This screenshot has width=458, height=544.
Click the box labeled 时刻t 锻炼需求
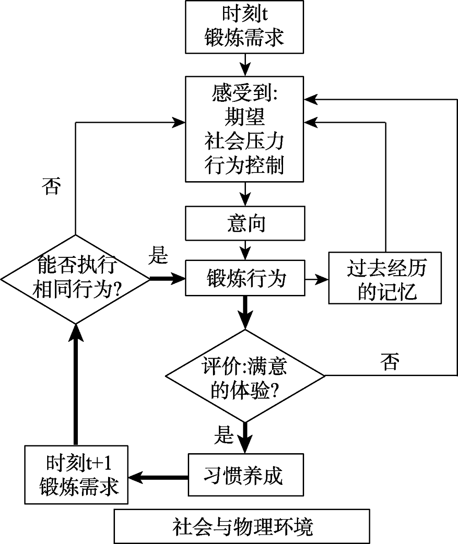[x=245, y=27]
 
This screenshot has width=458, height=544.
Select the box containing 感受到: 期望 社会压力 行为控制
[x=245, y=129]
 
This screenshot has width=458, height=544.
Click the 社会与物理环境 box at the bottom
[x=242, y=526]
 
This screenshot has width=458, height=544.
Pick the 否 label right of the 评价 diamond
[x=389, y=362]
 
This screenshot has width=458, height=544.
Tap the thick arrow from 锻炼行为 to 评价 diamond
[x=245, y=312]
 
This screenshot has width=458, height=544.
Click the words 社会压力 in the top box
[x=245, y=141]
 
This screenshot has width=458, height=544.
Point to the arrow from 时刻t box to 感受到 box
[x=245, y=64]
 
